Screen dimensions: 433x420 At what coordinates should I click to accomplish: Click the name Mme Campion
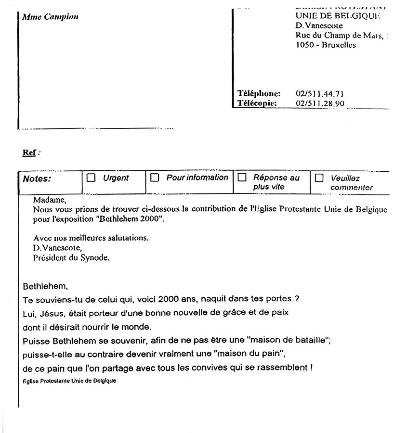[50, 17]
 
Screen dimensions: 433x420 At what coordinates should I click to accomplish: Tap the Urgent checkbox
[91, 178]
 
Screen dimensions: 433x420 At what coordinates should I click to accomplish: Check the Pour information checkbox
[155, 178]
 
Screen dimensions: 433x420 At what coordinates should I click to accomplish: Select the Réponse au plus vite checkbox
[242, 178]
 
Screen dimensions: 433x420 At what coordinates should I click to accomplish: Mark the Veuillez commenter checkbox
[319, 178]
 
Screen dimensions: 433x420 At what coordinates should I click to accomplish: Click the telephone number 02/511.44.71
[319, 94]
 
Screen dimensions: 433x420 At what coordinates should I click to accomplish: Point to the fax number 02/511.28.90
[320, 103]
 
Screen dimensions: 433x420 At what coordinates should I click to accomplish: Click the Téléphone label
[259, 94]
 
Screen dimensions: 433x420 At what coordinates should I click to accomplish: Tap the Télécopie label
[257, 103]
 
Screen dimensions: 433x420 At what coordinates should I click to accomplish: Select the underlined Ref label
[29, 153]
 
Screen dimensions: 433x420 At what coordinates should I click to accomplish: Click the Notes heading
[37, 178]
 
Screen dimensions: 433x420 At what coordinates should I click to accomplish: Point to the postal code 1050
[304, 45]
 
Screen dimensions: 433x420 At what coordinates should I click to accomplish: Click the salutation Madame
[50, 200]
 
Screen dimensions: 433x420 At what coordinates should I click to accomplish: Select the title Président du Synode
[71, 257]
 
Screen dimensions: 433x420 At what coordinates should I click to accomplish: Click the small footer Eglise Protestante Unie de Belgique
[69, 381]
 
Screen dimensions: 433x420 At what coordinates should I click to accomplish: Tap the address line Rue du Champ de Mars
[340, 36]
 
